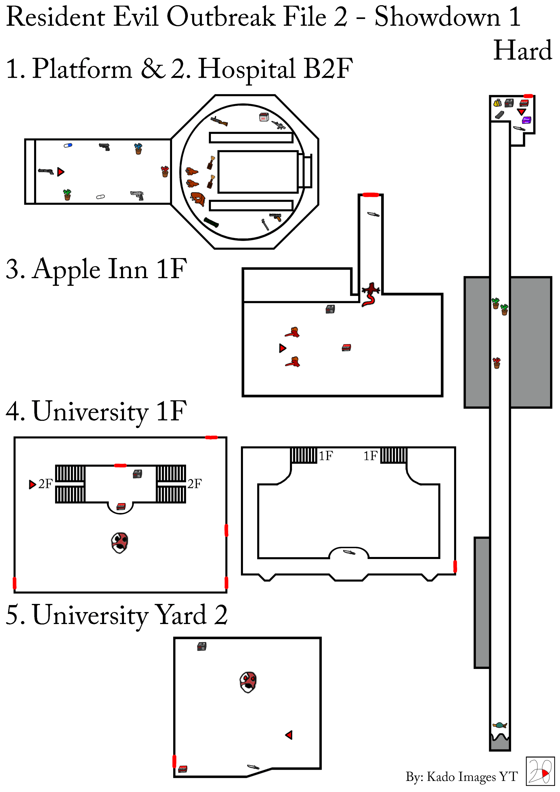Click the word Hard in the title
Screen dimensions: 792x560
(522, 50)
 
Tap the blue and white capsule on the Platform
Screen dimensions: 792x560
(68, 145)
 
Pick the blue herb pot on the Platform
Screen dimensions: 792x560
(138, 149)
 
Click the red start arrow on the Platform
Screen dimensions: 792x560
(61, 172)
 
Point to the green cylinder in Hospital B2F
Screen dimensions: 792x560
(211, 222)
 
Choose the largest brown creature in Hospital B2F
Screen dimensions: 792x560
(198, 199)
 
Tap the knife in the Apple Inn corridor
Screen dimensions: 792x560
(373, 214)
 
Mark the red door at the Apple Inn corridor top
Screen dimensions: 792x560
(371, 195)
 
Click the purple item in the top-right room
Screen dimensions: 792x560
(526, 120)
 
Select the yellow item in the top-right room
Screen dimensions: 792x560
(497, 103)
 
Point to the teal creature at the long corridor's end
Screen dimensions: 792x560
(499, 725)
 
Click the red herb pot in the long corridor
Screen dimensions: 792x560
(496, 363)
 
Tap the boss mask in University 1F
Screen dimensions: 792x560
(120, 543)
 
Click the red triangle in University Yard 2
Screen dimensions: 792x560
(289, 735)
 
